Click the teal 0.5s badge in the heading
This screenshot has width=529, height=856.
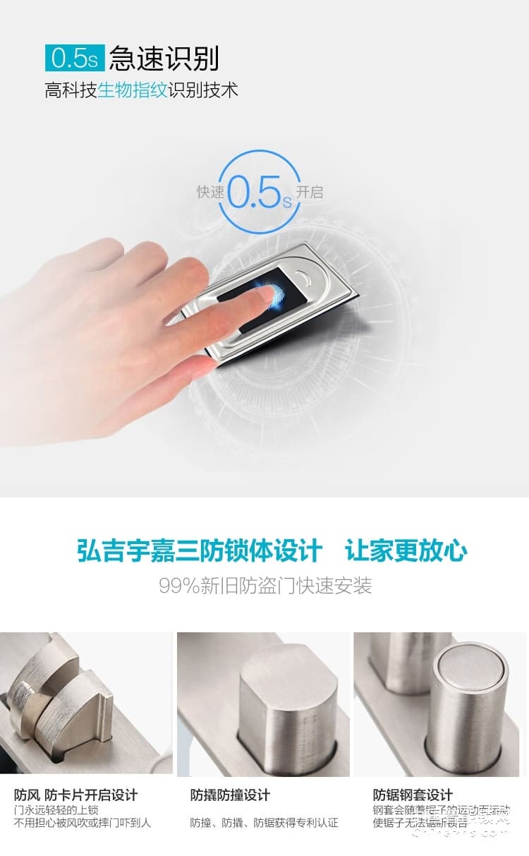(x=75, y=58)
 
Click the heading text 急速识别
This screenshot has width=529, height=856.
(x=164, y=58)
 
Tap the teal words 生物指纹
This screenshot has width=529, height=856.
(x=132, y=90)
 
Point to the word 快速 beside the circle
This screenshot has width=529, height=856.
(x=209, y=192)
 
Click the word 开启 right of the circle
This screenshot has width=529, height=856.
(x=310, y=192)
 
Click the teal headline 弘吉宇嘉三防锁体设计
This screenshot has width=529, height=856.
(x=200, y=551)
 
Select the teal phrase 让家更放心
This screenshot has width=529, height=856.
(x=406, y=551)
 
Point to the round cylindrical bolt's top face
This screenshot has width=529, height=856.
(x=469, y=668)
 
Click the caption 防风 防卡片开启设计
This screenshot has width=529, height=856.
(x=75, y=795)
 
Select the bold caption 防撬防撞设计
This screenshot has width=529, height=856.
(x=230, y=795)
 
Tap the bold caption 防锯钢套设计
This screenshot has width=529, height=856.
(x=413, y=795)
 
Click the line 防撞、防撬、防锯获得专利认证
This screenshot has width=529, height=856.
(x=264, y=822)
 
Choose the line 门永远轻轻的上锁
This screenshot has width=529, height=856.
(x=56, y=809)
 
